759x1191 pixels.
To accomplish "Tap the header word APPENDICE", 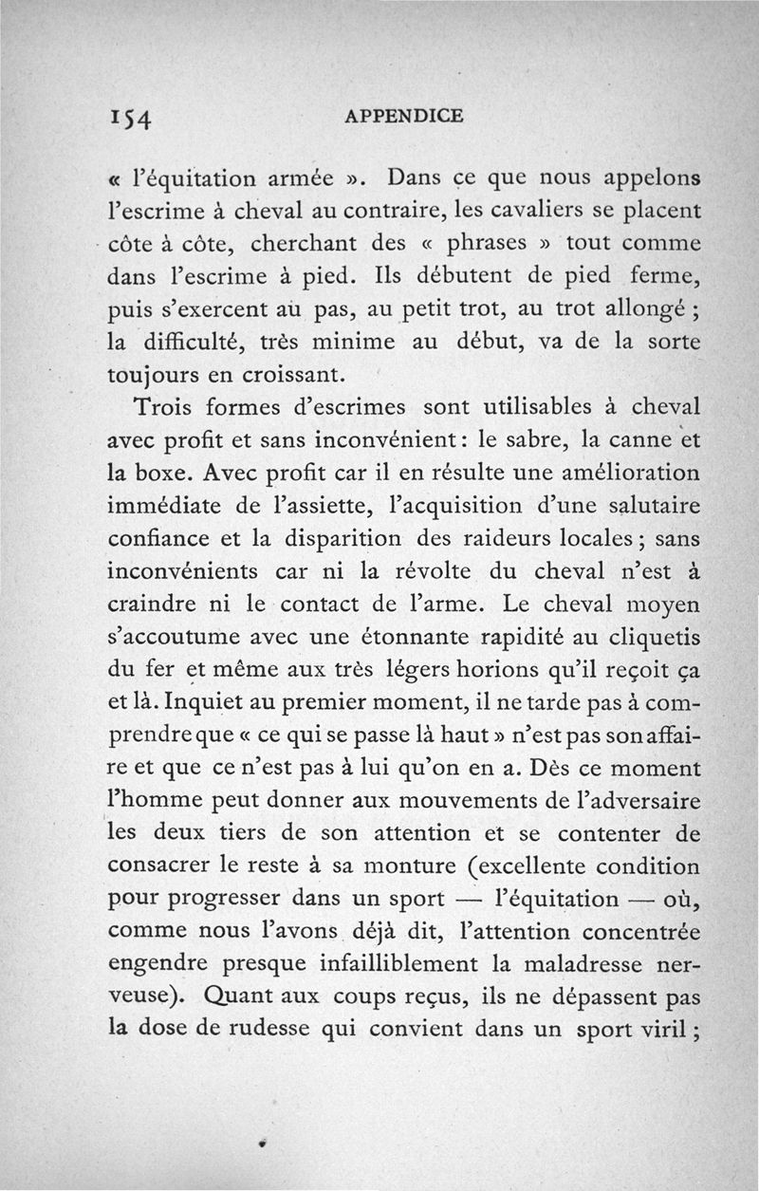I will point(404,116).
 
